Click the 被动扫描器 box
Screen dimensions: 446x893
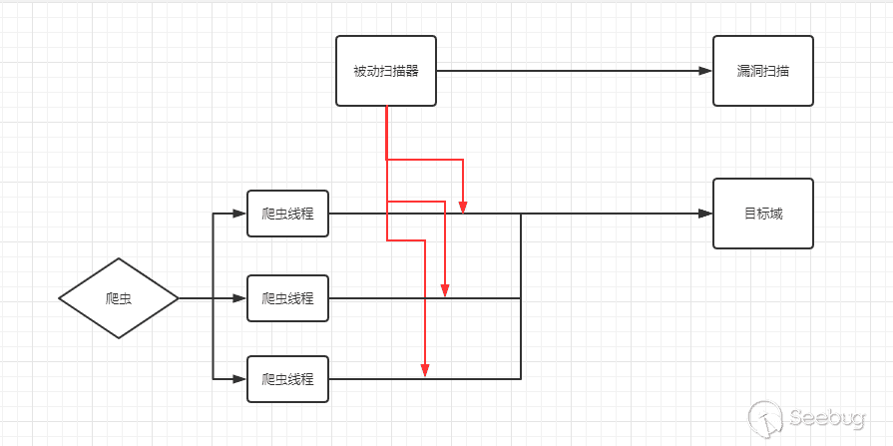(x=386, y=71)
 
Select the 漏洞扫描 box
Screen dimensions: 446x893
(x=762, y=71)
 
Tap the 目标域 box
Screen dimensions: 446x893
(x=762, y=214)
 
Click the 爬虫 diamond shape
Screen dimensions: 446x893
(x=119, y=297)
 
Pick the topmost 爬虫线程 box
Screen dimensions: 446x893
(x=287, y=214)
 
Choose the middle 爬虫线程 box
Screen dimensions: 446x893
(x=287, y=297)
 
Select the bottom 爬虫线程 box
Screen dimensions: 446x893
(x=287, y=379)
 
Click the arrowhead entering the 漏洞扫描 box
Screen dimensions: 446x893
(x=705, y=71)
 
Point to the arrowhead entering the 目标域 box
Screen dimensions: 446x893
(x=705, y=214)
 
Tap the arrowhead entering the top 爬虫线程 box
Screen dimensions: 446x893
(x=239, y=214)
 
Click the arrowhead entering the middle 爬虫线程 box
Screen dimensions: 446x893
(x=239, y=297)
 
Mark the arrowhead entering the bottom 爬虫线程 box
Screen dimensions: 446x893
(x=239, y=379)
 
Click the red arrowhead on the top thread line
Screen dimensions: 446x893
(x=463, y=207)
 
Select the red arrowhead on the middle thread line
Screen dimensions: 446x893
(x=445, y=290)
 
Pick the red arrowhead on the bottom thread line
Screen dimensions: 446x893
(x=425, y=371)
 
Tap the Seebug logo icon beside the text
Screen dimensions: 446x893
(x=765, y=417)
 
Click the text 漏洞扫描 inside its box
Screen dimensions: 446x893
(x=762, y=71)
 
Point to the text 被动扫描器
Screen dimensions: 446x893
(x=386, y=71)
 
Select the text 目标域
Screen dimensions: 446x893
(x=762, y=214)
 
